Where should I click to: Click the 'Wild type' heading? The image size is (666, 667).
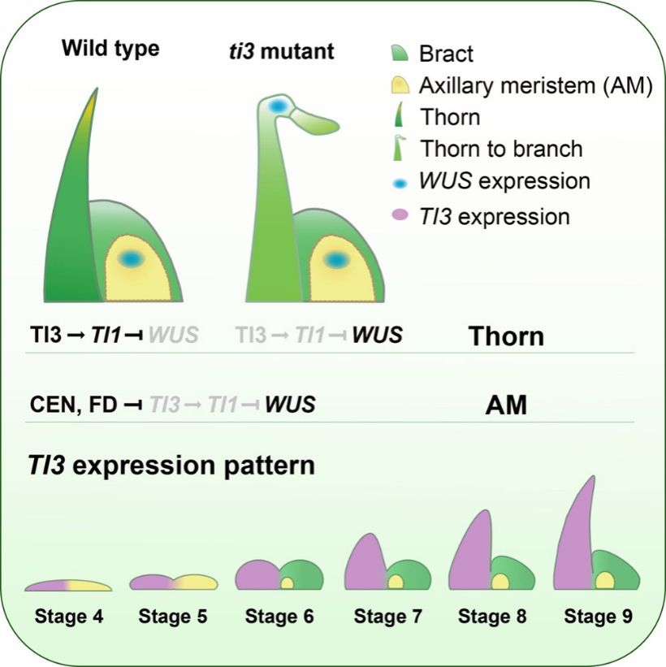click(x=110, y=48)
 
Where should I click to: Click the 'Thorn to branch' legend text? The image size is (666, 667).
click(x=501, y=149)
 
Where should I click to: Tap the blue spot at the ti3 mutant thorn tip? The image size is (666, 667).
click(x=278, y=106)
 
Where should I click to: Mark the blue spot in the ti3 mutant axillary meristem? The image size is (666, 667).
click(x=337, y=259)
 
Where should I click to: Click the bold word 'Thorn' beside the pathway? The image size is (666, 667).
click(x=505, y=336)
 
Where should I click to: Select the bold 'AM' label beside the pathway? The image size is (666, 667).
click(x=505, y=405)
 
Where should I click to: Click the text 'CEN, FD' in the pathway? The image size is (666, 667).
click(x=70, y=404)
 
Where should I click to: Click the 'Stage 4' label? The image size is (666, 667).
click(x=68, y=617)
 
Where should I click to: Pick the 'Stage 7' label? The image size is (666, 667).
click(x=388, y=617)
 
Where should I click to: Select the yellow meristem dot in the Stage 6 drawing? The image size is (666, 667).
click(x=287, y=583)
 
